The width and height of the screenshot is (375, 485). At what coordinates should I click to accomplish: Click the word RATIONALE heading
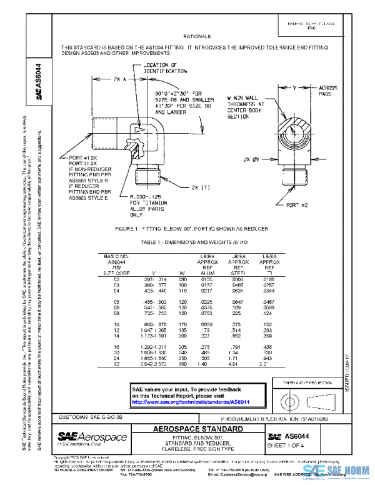(x=199, y=37)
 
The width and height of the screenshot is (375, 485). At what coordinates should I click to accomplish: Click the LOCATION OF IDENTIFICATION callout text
(x=160, y=68)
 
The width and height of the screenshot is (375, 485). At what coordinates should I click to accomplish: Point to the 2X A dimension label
(x=119, y=79)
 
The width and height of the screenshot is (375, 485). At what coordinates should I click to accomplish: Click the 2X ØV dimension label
(x=252, y=159)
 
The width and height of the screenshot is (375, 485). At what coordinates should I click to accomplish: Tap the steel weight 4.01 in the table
(x=235, y=362)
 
